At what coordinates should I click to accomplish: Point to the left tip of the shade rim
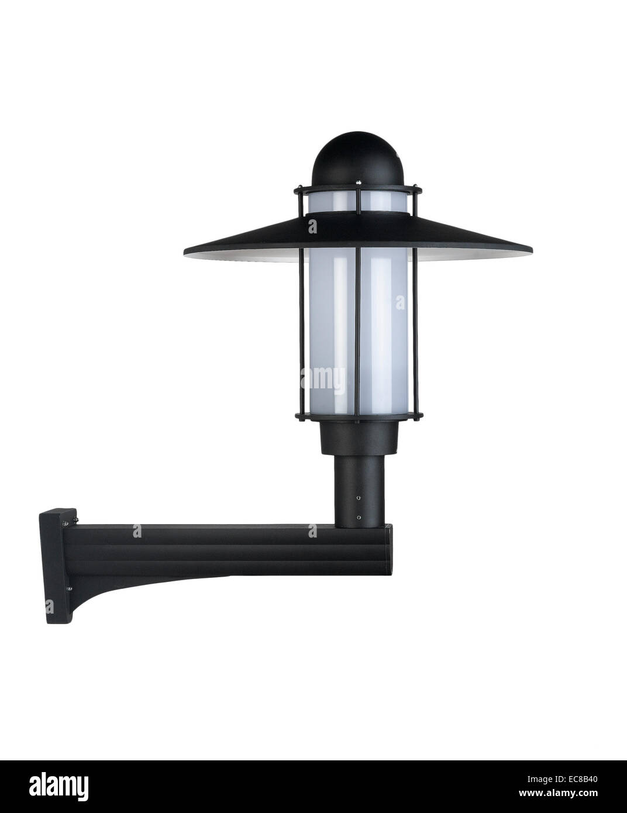184,254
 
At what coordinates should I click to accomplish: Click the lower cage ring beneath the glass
359,416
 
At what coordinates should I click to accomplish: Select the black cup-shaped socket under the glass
359,438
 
